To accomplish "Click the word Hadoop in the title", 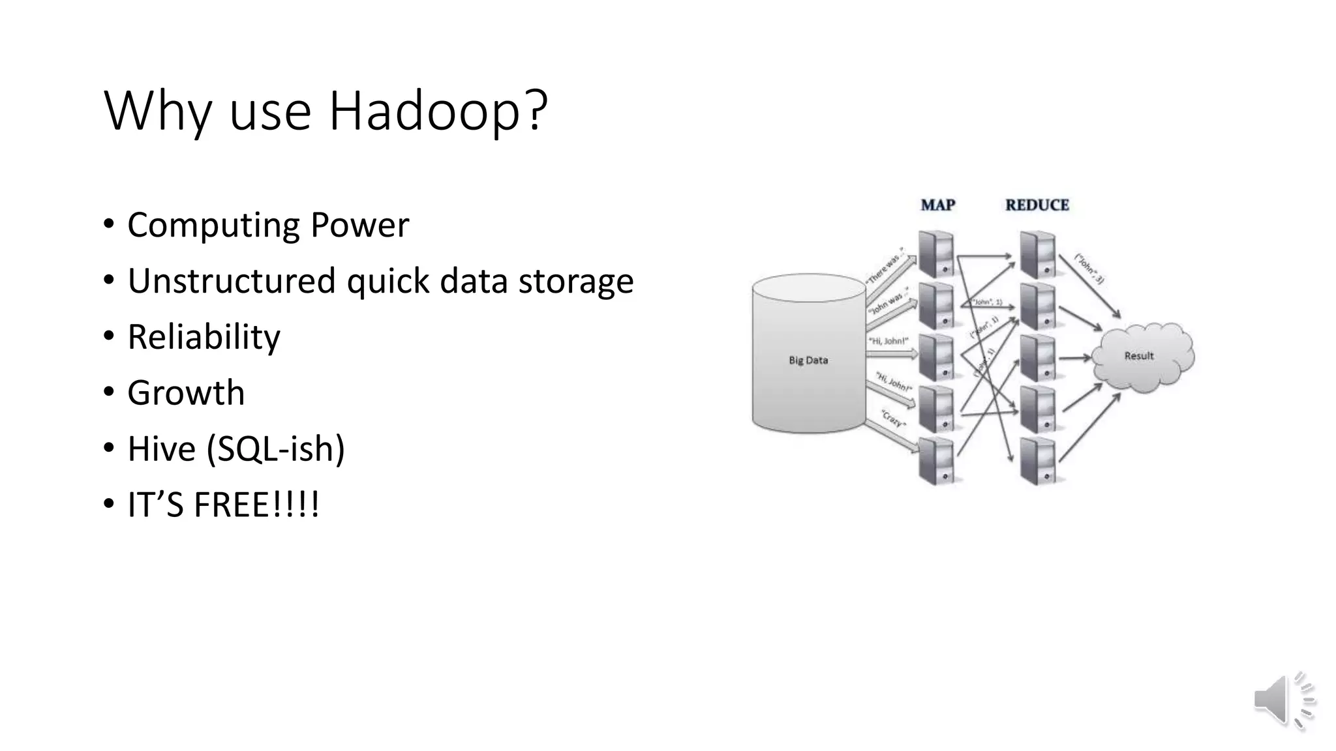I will tap(437, 111).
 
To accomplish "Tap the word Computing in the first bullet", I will tap(213, 226).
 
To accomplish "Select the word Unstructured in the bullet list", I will tap(231, 281).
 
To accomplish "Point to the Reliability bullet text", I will tap(204, 337).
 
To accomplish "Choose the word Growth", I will tap(186, 393).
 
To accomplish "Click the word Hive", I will tap(161, 449).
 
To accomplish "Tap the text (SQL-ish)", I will tap(275, 449).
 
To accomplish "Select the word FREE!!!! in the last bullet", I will tap(256, 505).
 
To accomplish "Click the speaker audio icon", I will tap(1283, 700).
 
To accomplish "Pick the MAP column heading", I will tap(937, 205).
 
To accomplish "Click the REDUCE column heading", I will tap(1037, 205).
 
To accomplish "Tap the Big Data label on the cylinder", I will tap(808, 360).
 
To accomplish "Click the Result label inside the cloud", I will tap(1138, 356).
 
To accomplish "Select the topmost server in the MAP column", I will tap(936, 254).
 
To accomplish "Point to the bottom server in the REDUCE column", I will tap(1037, 461).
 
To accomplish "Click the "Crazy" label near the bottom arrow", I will tap(892, 419).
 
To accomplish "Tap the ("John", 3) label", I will tap(1089, 268).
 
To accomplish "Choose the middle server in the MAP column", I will tap(936, 357).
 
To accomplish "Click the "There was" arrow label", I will tap(885, 267).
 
